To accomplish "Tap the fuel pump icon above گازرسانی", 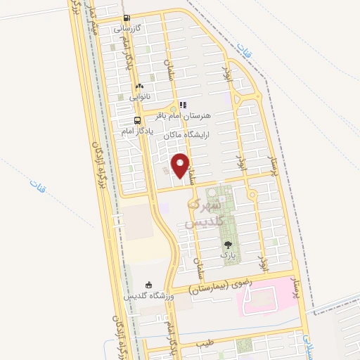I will tap(127, 19).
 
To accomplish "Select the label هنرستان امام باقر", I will tap(205, 113).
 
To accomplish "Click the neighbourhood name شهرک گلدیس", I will tap(203, 213).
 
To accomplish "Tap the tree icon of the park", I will tap(227, 245).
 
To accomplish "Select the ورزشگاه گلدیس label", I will tap(148, 297).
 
